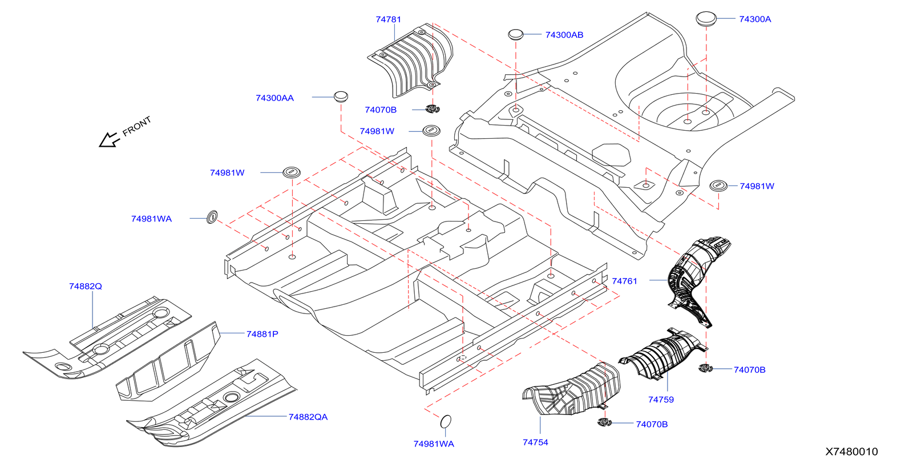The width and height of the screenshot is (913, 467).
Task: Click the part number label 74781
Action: point(388,19)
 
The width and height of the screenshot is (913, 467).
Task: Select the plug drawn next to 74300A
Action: point(706,18)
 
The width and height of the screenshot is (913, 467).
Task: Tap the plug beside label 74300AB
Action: point(516,34)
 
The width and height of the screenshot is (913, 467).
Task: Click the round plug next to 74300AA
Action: point(341,96)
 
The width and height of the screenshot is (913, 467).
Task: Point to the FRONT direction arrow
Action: point(108,140)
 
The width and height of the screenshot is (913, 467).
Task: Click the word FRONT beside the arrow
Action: point(137,126)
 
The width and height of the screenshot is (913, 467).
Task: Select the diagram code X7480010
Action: point(851,452)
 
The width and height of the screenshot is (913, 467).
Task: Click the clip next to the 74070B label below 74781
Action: point(433,109)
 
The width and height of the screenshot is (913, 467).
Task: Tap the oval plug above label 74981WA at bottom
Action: point(446,421)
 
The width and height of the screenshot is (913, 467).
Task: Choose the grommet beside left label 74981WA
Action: point(212,217)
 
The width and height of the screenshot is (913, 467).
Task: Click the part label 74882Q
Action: point(86,286)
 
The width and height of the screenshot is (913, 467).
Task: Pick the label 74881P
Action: point(262,334)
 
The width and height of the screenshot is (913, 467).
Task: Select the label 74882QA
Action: point(308,417)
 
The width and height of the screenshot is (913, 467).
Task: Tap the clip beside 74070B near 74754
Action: point(604,422)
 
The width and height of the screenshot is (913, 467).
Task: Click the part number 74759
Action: point(661,400)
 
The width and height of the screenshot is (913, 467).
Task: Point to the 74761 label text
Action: point(624,281)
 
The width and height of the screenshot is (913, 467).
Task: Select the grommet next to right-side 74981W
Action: point(718,186)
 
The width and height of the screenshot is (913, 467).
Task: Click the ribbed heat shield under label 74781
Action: point(411,60)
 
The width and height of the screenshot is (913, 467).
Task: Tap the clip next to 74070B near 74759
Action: point(706,368)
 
